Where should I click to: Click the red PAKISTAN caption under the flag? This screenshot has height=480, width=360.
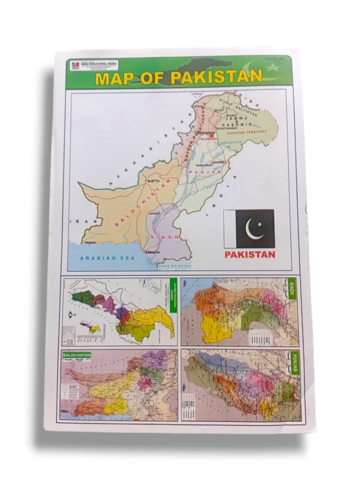250,254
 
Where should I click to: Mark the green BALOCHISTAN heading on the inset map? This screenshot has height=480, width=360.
76,355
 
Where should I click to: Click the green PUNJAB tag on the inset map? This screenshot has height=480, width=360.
295,362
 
